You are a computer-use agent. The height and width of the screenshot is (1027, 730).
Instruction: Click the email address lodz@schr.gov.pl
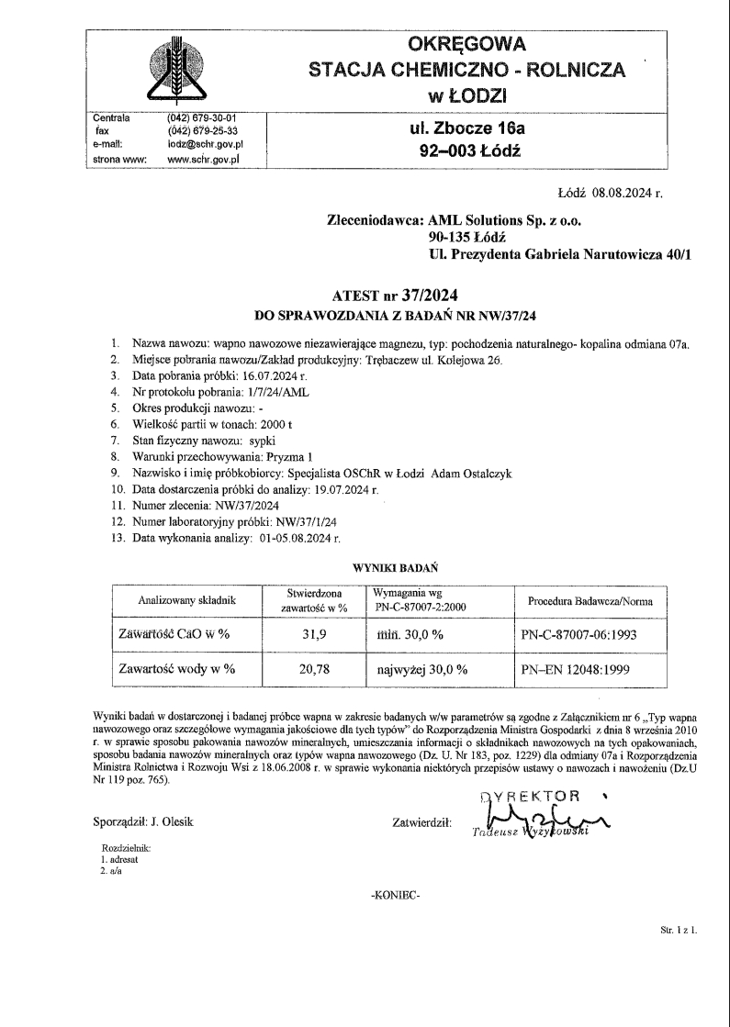[x=204, y=144]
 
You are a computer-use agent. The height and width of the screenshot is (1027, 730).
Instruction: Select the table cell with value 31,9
[x=314, y=634]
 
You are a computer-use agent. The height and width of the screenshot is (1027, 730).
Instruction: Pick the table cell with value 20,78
[x=314, y=669]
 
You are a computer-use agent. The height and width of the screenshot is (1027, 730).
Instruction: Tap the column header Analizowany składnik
[x=186, y=600]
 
